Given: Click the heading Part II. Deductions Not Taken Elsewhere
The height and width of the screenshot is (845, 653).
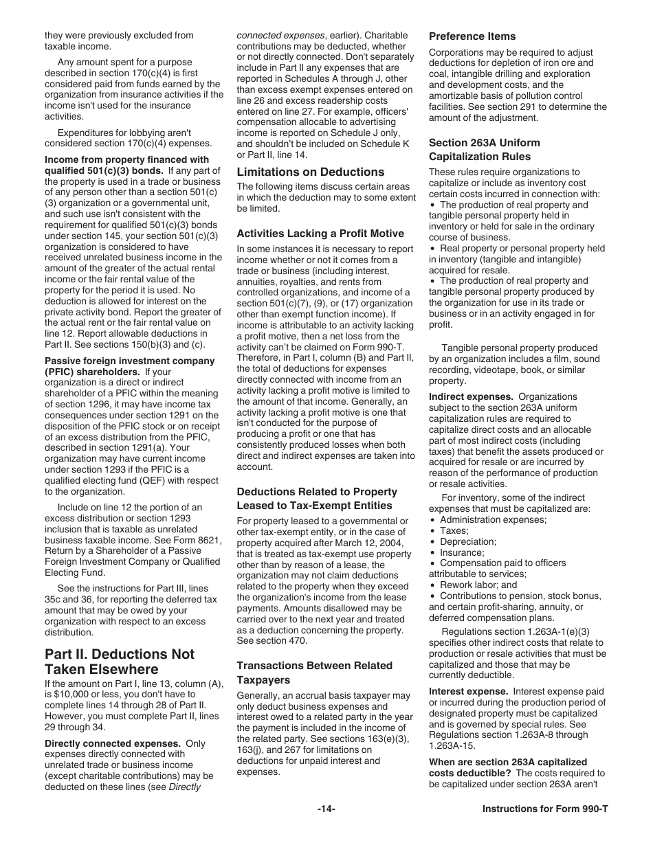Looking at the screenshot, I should point(120,662).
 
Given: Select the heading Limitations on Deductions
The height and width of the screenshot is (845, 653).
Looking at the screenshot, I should point(310,172).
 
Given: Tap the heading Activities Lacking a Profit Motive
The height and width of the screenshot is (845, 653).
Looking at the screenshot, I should point(320,234).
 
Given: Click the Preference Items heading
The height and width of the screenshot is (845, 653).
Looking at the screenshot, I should point(472,36).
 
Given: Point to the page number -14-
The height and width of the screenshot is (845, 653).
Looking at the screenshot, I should point(326,809).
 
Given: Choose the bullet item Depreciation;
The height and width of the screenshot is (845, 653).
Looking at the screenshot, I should point(467,541).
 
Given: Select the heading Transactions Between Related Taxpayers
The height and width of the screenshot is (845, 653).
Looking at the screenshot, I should point(314,673).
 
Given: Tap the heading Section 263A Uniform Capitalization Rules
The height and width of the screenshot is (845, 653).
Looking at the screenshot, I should point(484,149).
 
